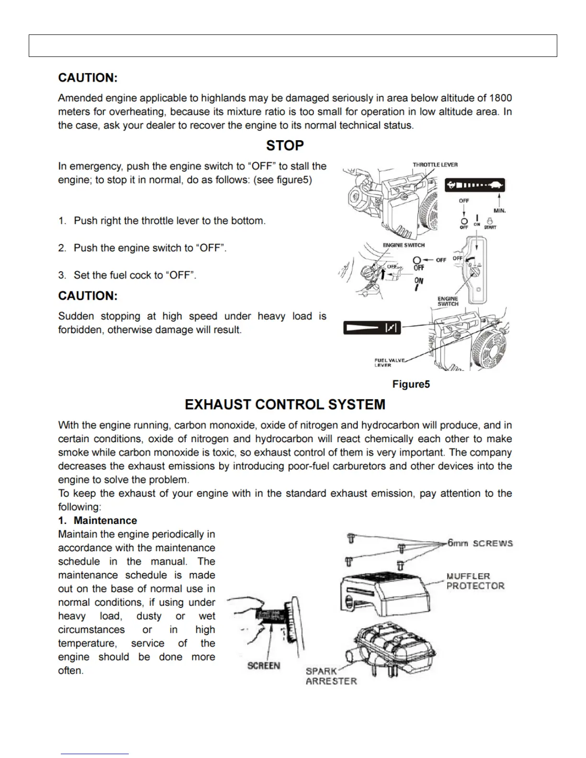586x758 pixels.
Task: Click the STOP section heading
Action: click(285, 145)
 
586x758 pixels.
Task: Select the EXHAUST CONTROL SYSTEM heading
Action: click(285, 405)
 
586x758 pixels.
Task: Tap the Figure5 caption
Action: click(411, 384)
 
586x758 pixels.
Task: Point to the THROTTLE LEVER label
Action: click(435, 165)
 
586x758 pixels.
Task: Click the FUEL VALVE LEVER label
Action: click(389, 363)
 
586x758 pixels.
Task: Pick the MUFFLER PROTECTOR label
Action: click(475, 581)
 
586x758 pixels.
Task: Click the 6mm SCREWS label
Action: click(480, 543)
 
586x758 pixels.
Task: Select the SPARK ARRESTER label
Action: click(331, 676)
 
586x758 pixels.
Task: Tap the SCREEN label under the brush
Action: click(263, 666)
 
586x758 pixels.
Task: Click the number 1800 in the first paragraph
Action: click(500, 98)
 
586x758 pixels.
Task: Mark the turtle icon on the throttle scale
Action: click(496, 185)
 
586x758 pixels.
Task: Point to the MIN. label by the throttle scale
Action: click(499, 211)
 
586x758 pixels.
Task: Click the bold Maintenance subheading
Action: click(105, 521)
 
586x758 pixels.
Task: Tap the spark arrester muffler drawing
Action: click(394, 647)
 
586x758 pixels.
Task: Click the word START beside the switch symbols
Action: click(490, 227)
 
